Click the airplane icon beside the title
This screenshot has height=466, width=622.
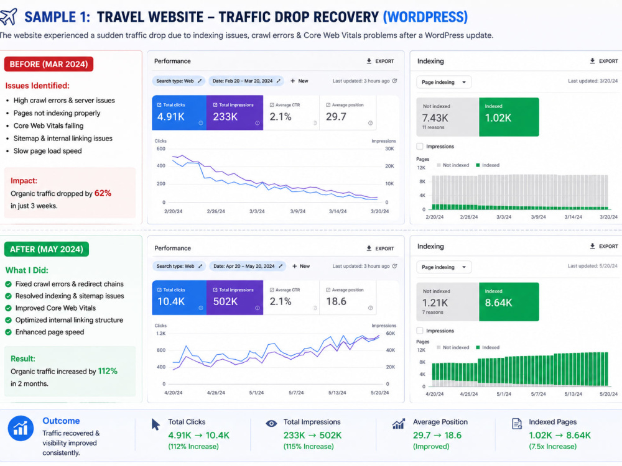(8, 17)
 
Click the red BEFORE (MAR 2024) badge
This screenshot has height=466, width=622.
(49, 64)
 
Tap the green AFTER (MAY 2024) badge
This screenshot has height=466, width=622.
(47, 249)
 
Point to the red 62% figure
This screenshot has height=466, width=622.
(103, 193)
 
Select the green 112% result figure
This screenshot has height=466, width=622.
(108, 372)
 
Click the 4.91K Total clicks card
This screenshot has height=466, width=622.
(179, 113)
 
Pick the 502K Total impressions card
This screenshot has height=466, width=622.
(235, 298)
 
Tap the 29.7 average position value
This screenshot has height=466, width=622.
(336, 117)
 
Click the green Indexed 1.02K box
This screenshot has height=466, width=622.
(509, 117)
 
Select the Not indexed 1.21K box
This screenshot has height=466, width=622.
(447, 302)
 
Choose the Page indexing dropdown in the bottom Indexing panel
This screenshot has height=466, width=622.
(444, 267)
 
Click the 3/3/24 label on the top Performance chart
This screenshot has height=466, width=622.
(257, 211)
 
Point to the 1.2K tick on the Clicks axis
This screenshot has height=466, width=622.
(160, 334)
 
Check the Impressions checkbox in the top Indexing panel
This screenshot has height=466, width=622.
(420, 146)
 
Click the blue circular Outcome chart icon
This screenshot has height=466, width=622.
(21, 428)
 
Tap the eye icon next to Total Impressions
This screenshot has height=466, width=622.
(271, 424)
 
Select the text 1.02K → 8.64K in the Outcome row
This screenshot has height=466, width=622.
(560, 435)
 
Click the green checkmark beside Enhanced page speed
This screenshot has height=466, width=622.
(8, 332)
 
